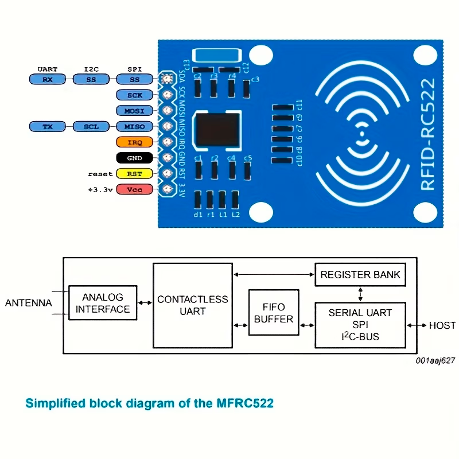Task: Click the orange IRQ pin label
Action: [x=134, y=142]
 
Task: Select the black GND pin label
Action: [x=134, y=157]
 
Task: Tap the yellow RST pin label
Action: [x=134, y=173]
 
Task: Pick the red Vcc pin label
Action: [x=134, y=189]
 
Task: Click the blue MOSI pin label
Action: [x=134, y=110]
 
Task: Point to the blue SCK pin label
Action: [x=134, y=95]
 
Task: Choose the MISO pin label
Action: [x=134, y=126]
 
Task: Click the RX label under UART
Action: [x=47, y=79]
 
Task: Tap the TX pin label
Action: [x=47, y=126]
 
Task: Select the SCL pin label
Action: [x=91, y=126]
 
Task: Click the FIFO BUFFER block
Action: [x=274, y=313]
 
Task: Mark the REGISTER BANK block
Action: [x=360, y=275]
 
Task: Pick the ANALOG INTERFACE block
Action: [x=103, y=303]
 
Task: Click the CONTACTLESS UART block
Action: [x=193, y=305]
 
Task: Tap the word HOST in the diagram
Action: [x=442, y=325]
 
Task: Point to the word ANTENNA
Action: [x=28, y=303]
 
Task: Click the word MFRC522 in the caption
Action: [x=244, y=403]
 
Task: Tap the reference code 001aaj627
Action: [x=435, y=360]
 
